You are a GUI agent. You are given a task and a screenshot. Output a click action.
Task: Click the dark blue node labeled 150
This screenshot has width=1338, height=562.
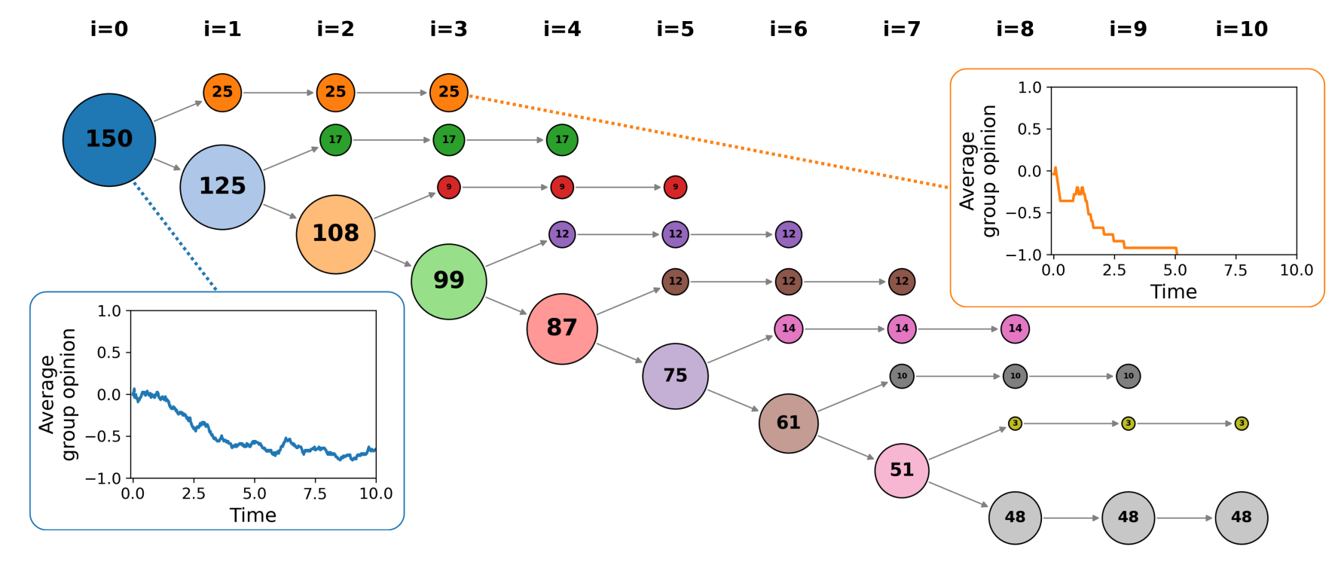click(x=109, y=139)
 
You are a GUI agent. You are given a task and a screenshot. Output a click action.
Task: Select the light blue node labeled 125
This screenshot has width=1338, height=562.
click(x=222, y=187)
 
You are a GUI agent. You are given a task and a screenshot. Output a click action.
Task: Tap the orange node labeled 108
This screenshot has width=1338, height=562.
click(x=335, y=234)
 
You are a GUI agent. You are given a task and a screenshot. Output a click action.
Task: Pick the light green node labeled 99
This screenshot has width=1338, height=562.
click(x=449, y=281)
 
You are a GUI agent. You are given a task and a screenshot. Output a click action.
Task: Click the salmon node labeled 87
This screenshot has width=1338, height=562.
click(x=562, y=328)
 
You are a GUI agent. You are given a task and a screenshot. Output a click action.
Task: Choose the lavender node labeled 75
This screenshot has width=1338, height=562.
click(x=675, y=376)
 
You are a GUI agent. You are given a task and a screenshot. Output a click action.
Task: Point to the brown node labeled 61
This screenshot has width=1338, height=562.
click(x=789, y=423)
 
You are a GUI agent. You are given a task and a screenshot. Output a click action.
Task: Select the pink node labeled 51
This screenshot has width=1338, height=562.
click(x=902, y=470)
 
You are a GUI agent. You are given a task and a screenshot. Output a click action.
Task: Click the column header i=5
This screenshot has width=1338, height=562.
click(x=675, y=29)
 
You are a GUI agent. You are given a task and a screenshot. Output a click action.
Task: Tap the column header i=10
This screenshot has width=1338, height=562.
click(x=1242, y=29)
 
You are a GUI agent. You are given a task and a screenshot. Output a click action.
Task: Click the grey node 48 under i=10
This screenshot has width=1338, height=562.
click(x=1242, y=518)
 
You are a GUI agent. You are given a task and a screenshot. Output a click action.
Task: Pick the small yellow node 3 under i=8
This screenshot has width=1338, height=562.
click(x=1015, y=423)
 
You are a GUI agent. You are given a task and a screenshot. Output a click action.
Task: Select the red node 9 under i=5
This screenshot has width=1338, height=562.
click(x=675, y=187)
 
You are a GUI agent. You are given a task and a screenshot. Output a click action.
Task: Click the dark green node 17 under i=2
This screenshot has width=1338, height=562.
click(x=335, y=139)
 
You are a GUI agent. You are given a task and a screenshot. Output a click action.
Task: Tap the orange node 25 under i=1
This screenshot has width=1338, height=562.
click(x=222, y=92)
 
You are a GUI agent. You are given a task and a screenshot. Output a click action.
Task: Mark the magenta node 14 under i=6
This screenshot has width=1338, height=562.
click(x=789, y=328)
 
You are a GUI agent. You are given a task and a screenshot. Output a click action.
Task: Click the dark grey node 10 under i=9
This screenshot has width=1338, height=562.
click(x=1128, y=376)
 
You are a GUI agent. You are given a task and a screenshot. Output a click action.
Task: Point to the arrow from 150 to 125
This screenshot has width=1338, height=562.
click(x=167, y=164)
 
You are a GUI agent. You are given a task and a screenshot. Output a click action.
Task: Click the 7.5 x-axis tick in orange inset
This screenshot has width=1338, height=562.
click(x=1236, y=270)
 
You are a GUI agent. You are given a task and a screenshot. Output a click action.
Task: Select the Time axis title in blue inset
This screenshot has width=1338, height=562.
click(x=253, y=515)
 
